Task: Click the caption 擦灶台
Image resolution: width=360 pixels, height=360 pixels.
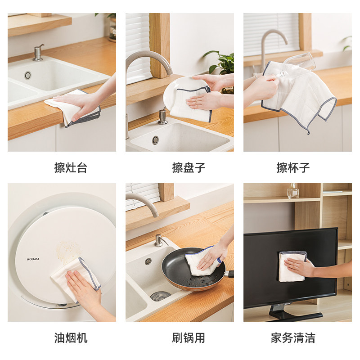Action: click(x=71, y=168)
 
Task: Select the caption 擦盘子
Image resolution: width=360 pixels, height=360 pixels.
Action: click(x=189, y=168)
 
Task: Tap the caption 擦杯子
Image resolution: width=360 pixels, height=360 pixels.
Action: click(x=293, y=168)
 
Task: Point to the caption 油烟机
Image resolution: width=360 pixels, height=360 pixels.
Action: click(x=71, y=337)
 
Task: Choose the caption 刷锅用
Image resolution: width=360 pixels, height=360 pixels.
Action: click(x=189, y=337)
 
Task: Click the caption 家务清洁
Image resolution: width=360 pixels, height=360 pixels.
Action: click(x=293, y=337)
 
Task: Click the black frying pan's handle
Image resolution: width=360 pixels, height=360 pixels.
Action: click(x=230, y=273)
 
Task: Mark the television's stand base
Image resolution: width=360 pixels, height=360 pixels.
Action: click(x=295, y=315)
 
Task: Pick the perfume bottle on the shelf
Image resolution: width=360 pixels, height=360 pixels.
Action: click(x=293, y=191)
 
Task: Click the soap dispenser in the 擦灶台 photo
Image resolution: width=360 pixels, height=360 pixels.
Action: click(x=39, y=54)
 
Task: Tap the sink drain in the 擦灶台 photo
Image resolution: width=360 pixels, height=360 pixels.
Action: click(x=28, y=75)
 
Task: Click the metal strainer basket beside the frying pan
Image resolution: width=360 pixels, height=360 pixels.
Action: click(x=160, y=296)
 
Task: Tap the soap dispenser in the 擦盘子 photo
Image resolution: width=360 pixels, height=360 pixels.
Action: click(x=162, y=117)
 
